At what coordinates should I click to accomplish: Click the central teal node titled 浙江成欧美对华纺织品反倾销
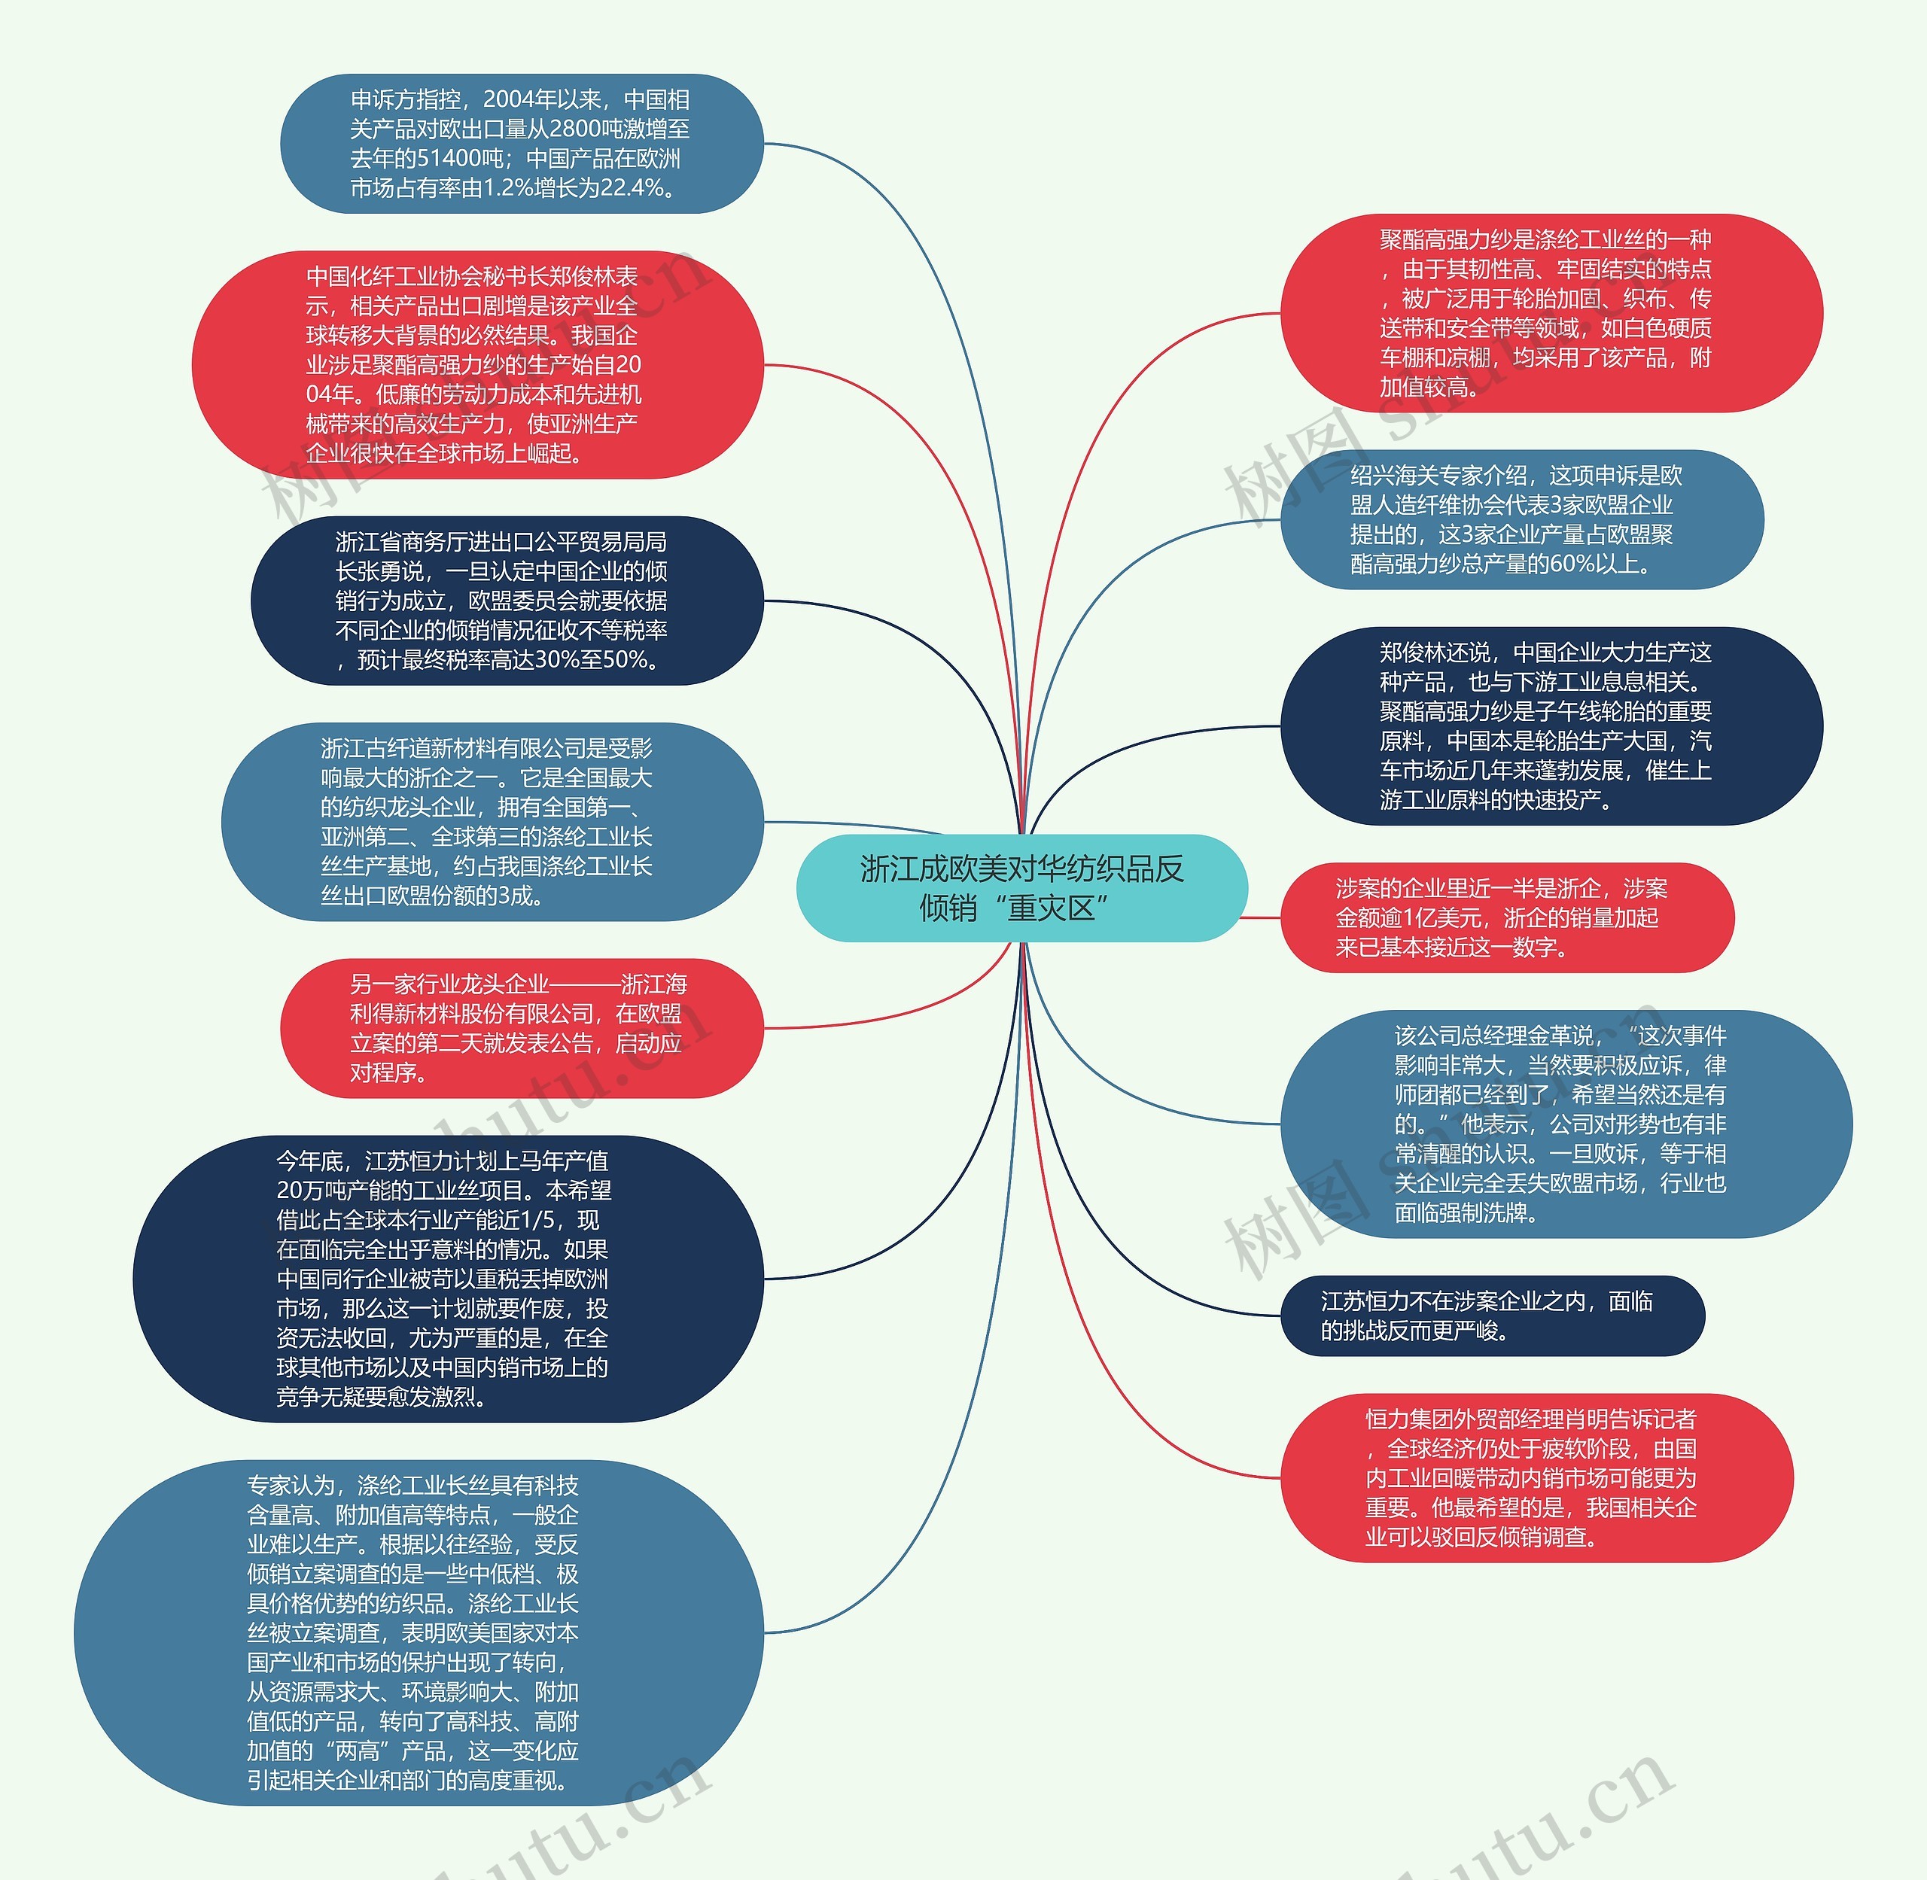pyautogui.click(x=1021, y=887)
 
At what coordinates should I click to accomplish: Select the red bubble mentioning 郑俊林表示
pyautogui.click(x=477, y=364)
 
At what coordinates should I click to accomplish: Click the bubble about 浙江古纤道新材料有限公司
pyautogui.click(x=492, y=822)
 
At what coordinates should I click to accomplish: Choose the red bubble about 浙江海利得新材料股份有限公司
pyautogui.click(x=522, y=1028)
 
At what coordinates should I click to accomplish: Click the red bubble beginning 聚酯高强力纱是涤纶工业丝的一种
pyautogui.click(x=1551, y=313)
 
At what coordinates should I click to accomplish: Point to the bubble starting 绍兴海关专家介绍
pyautogui.click(x=1521, y=519)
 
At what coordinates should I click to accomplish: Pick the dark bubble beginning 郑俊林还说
pyautogui.click(x=1551, y=726)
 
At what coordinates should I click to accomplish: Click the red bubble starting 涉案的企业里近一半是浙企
pyautogui.click(x=1506, y=917)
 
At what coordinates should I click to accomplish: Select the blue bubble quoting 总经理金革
pyautogui.click(x=1566, y=1124)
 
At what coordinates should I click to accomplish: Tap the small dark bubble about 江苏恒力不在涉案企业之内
pyautogui.click(x=1491, y=1316)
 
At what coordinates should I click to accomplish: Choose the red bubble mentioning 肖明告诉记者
pyautogui.click(x=1536, y=1477)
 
